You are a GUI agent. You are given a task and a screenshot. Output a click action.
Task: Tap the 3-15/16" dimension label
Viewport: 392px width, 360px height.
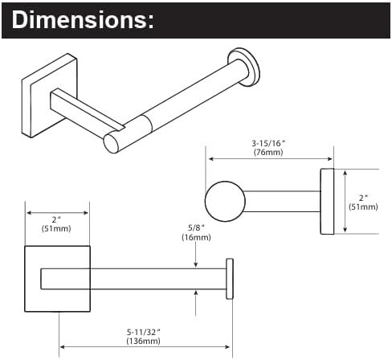(x=268, y=144)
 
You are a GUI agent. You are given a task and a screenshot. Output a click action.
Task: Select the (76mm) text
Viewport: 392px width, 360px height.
(x=268, y=153)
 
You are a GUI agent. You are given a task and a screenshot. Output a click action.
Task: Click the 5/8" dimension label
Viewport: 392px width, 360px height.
(x=196, y=228)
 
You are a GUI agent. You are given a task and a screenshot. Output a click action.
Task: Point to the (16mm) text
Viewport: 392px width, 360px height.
(x=196, y=237)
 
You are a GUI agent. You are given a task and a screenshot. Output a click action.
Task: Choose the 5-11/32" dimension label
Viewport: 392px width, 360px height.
(x=143, y=333)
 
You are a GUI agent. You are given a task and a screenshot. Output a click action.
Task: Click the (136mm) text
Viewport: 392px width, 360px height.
(x=143, y=342)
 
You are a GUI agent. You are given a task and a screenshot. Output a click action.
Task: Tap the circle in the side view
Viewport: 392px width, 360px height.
(x=225, y=202)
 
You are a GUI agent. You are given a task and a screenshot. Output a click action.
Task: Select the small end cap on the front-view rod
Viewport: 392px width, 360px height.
(x=230, y=279)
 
